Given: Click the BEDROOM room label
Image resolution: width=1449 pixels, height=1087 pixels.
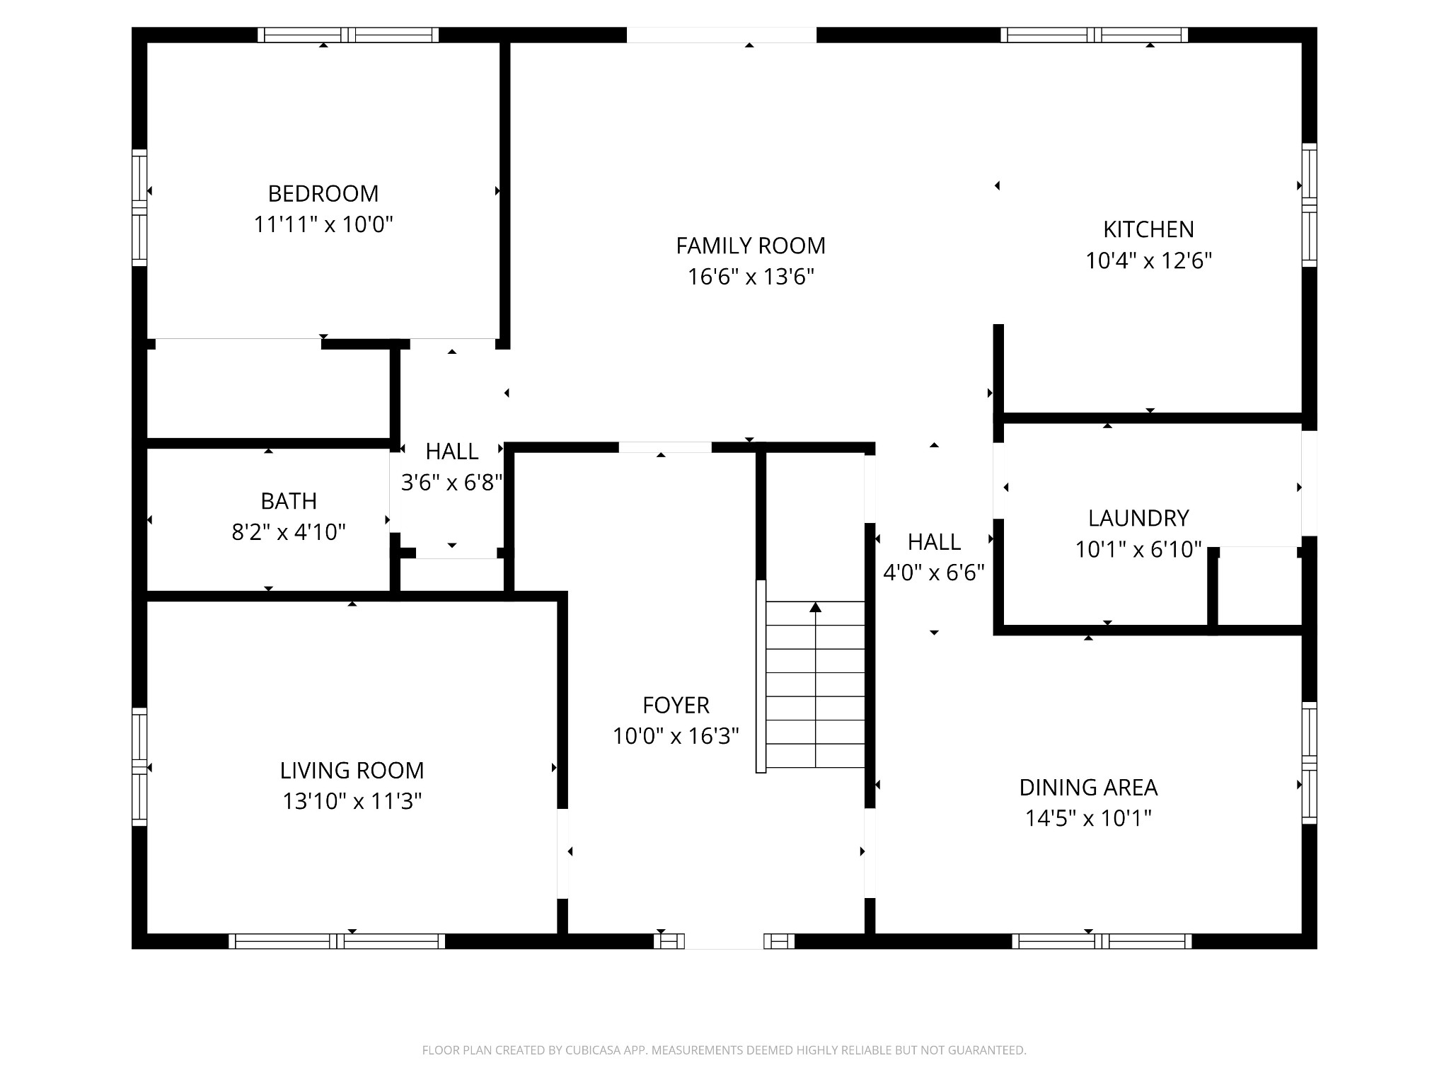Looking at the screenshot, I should click(x=323, y=193).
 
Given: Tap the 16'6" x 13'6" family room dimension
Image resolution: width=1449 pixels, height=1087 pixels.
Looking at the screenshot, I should click(x=751, y=277).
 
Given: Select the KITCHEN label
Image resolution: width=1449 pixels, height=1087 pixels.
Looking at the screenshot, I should click(x=1148, y=229).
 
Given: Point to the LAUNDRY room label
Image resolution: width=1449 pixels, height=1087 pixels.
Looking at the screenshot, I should click(x=1138, y=518).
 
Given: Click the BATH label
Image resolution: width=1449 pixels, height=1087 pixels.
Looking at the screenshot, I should click(x=289, y=501).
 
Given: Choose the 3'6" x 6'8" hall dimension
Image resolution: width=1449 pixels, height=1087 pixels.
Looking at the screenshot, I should click(x=451, y=483).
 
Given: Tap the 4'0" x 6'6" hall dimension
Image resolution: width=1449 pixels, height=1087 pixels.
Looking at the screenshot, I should click(x=934, y=573).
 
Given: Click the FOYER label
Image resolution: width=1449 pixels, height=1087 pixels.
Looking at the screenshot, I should click(x=676, y=705).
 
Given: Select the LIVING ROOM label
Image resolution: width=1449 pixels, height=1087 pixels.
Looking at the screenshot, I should click(x=352, y=770).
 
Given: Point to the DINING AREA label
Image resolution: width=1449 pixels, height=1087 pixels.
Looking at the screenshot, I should click(x=1087, y=787).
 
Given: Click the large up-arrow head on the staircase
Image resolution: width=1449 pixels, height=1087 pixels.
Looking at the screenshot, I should click(x=815, y=607).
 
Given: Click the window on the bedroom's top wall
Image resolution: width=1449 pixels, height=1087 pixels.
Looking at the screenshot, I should click(x=347, y=35).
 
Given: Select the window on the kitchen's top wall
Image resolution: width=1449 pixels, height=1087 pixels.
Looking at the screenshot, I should click(x=1094, y=35).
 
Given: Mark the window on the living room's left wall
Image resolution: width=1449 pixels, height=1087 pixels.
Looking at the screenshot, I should click(x=139, y=766).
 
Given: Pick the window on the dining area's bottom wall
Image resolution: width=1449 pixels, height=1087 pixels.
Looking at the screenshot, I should click(x=1102, y=941).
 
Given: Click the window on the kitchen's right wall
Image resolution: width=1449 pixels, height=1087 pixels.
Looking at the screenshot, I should click(x=1310, y=205).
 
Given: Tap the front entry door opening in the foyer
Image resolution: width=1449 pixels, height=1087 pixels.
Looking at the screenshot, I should click(x=724, y=941).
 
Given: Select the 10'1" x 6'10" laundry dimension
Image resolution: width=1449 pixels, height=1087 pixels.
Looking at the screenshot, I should click(x=1138, y=549).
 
